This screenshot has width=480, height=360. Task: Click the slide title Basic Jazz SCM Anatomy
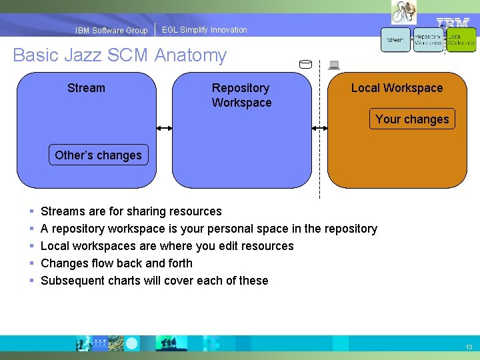(x=120, y=55)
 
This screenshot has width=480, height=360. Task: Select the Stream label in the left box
(x=86, y=88)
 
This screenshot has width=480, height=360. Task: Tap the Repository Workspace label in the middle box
(x=241, y=95)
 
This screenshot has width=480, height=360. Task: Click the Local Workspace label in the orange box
(x=397, y=88)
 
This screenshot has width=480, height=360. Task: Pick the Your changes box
(x=412, y=119)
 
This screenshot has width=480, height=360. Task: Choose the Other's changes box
(x=98, y=155)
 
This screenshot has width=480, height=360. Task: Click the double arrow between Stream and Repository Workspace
(x=165, y=129)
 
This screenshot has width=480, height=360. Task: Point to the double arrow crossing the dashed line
(x=320, y=129)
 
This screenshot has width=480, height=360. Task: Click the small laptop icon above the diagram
(x=334, y=65)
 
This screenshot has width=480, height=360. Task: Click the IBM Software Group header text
(x=111, y=31)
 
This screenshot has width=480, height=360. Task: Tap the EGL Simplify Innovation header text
(x=204, y=30)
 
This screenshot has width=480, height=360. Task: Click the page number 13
(x=469, y=347)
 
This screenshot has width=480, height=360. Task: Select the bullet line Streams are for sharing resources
(x=131, y=211)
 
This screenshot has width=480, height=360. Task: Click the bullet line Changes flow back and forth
(x=116, y=263)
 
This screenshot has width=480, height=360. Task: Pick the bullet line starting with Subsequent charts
(x=154, y=281)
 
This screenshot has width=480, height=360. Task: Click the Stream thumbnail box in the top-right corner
(x=395, y=40)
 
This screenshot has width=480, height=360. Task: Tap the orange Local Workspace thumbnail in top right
(x=461, y=40)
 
